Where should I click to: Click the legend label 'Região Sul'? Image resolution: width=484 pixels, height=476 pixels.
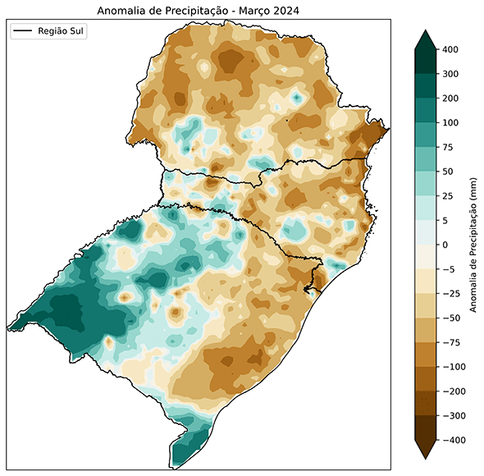click(x=62, y=31)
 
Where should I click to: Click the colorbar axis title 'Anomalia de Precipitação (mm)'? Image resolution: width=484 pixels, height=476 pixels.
click(x=473, y=245)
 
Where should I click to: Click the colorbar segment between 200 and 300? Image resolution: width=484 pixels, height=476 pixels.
click(x=426, y=86)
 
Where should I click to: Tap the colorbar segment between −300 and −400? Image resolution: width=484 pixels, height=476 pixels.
click(x=426, y=428)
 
